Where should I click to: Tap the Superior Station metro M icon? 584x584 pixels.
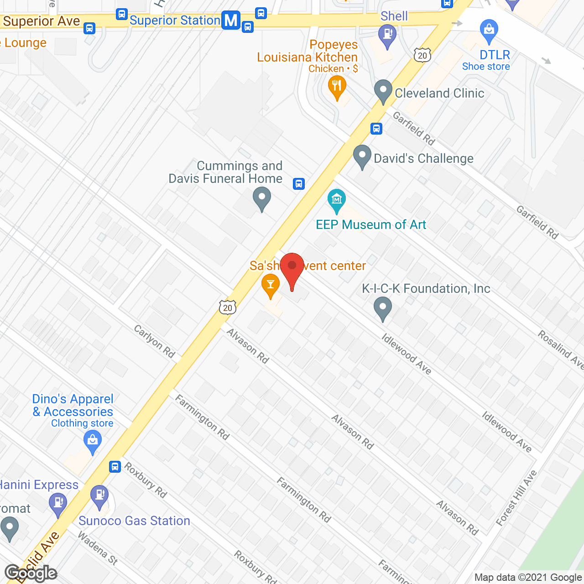click(x=231, y=21)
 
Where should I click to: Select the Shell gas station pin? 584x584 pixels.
click(x=387, y=34)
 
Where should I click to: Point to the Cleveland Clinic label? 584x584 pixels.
click(x=439, y=93)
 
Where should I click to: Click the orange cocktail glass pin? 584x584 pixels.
click(x=271, y=285)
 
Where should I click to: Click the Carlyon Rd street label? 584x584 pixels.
click(x=154, y=341)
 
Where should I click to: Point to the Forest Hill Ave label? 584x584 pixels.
click(x=516, y=498)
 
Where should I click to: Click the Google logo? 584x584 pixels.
click(x=31, y=573)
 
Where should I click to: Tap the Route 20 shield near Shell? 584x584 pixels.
click(x=422, y=55)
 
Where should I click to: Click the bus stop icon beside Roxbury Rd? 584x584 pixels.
click(x=115, y=466)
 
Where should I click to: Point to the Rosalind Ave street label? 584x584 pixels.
click(x=561, y=349)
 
